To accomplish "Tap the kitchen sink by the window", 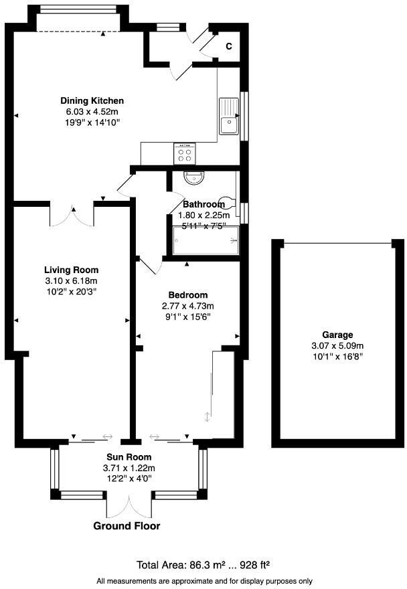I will [228, 116].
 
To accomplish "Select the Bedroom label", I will [187, 295].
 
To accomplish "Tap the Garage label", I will [337, 335].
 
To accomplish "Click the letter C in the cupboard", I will [228, 46].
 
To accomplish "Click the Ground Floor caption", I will [127, 526].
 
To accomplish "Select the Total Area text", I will [203, 565].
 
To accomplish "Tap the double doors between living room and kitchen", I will [72, 215].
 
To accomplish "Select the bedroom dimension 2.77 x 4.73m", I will [187, 306].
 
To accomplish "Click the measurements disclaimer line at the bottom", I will [204, 580].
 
